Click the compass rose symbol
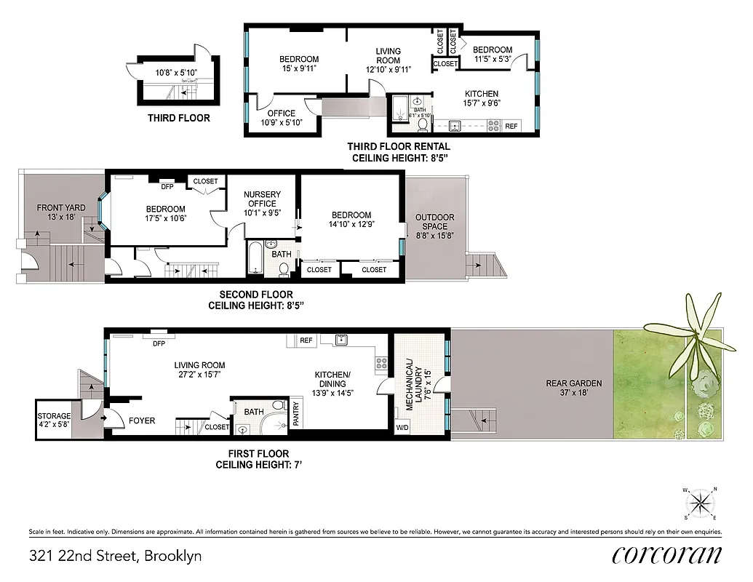pos(700,502)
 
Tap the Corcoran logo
pos(667,554)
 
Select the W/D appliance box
pos(402,428)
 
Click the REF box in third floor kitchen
pos(511,126)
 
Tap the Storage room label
pos(55,421)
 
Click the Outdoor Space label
pos(435,221)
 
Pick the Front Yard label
pos(61,212)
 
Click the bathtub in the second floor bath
pos(254,258)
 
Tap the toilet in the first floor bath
pos(277,406)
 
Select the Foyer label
pos(142,420)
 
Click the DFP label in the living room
pos(159,343)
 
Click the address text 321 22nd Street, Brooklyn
pos(115,557)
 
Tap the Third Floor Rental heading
pos(398,151)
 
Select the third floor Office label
pos(281,118)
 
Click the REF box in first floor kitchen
pos(306,340)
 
